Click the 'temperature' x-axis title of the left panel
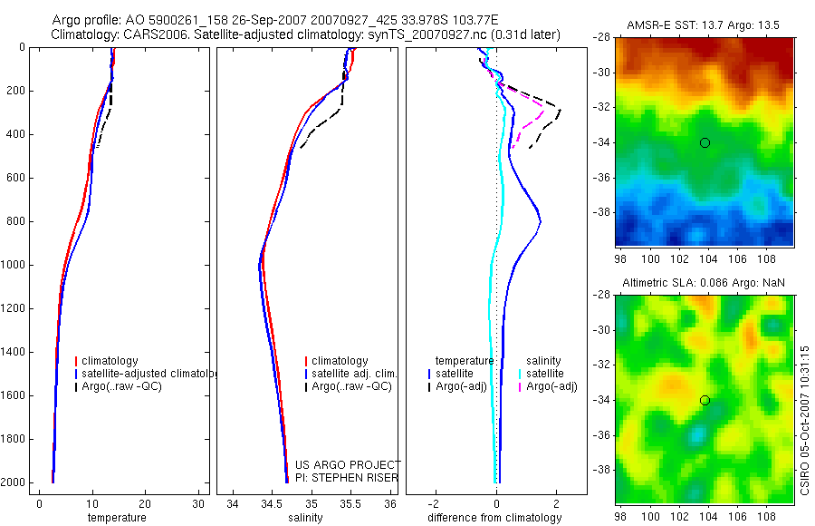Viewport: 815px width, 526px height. click(x=116, y=518)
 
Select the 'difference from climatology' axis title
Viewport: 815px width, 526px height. click(x=494, y=518)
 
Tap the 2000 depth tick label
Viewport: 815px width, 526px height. click(x=14, y=482)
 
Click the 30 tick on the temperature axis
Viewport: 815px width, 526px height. click(x=197, y=503)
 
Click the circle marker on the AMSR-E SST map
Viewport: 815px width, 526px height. click(x=705, y=142)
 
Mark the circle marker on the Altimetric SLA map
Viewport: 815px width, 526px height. click(x=705, y=400)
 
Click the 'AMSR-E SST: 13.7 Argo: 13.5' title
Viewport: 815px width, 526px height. click(x=704, y=24)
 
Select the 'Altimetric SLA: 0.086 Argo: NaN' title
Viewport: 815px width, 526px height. click(x=704, y=283)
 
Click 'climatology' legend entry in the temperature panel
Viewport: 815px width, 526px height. click(x=110, y=361)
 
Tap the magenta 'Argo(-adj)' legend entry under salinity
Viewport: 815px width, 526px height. click(x=551, y=386)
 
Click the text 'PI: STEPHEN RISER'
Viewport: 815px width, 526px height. click(x=346, y=478)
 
